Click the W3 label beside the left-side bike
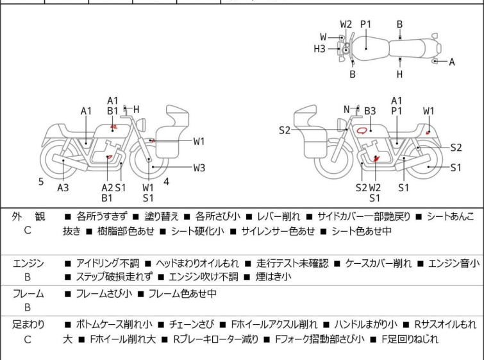[199, 168]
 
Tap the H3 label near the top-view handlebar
[319, 48]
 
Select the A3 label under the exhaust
[63, 187]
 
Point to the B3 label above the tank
[370, 111]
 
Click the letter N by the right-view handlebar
[347, 109]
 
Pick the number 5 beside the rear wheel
[41, 182]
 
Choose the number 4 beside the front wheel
[167, 181]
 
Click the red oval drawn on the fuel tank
[362, 130]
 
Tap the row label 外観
[28, 217]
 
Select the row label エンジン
[28, 263]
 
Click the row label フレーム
[28, 294]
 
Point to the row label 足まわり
[28, 325]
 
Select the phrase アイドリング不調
[107, 263]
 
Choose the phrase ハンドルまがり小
[364, 325]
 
